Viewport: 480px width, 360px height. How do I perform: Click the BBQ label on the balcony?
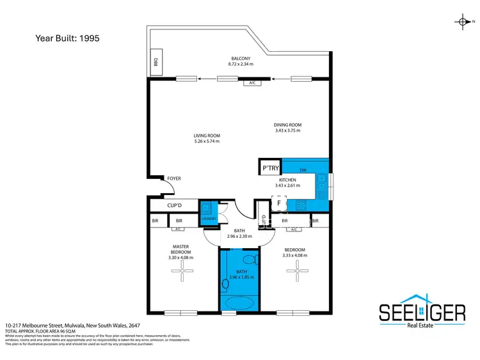pyautogui.click(x=156, y=63)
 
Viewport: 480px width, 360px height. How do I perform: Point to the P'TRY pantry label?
pyautogui.click(x=269, y=169)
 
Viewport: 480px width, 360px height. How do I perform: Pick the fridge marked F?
pyautogui.click(x=279, y=203)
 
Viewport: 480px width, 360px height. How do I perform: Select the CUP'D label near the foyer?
pyautogui.click(x=174, y=206)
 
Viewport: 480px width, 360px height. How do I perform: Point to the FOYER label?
pyautogui.click(x=173, y=178)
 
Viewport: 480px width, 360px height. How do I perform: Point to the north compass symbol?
pyautogui.click(x=461, y=22)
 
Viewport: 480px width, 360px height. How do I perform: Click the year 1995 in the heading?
pyautogui.click(x=88, y=38)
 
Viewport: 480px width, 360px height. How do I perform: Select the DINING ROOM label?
pyautogui.click(x=287, y=125)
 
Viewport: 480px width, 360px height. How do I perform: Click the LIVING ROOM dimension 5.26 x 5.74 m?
pyautogui.click(x=207, y=141)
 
